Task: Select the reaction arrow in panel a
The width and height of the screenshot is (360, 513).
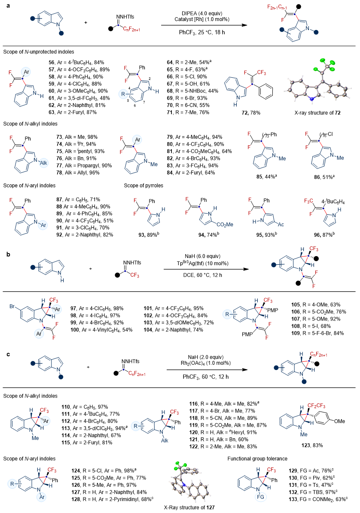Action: pos(204,26)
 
